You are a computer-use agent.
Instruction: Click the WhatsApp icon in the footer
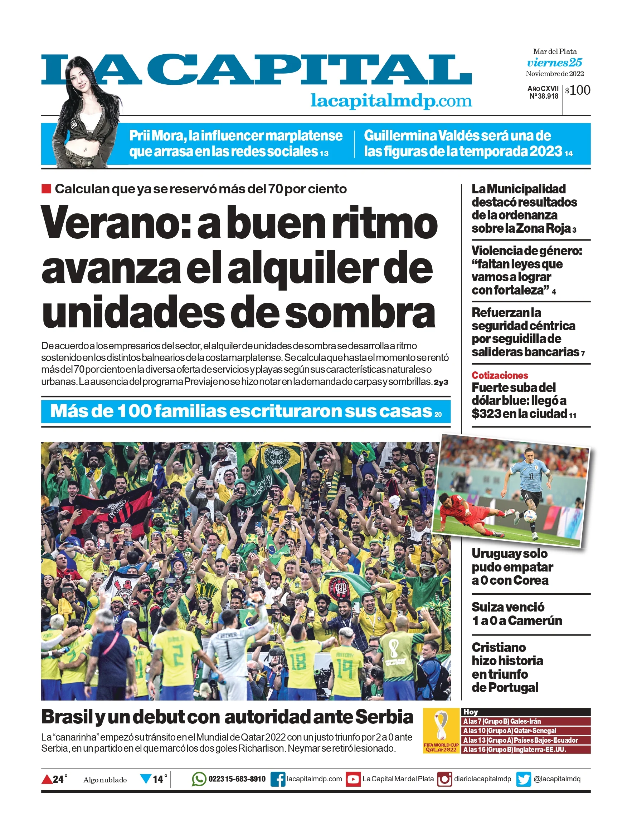(199, 779)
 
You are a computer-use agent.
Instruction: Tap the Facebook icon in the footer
(278, 779)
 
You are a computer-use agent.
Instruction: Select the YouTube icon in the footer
(353, 779)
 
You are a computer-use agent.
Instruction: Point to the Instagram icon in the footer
(445, 779)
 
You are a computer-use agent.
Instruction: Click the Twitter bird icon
(524, 779)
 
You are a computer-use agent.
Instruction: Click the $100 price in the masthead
(578, 90)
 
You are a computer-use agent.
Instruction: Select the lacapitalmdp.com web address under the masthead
(391, 101)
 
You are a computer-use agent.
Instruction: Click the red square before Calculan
(46, 189)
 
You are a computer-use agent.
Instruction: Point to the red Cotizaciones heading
(500, 375)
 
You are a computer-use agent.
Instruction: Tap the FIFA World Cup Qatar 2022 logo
(441, 731)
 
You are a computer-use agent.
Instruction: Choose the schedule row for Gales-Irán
(526, 721)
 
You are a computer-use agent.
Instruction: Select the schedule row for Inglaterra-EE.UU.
(526, 750)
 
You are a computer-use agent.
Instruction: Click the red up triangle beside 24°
(47, 779)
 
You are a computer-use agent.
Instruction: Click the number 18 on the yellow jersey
(298, 662)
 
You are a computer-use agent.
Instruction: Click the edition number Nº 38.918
(544, 97)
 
